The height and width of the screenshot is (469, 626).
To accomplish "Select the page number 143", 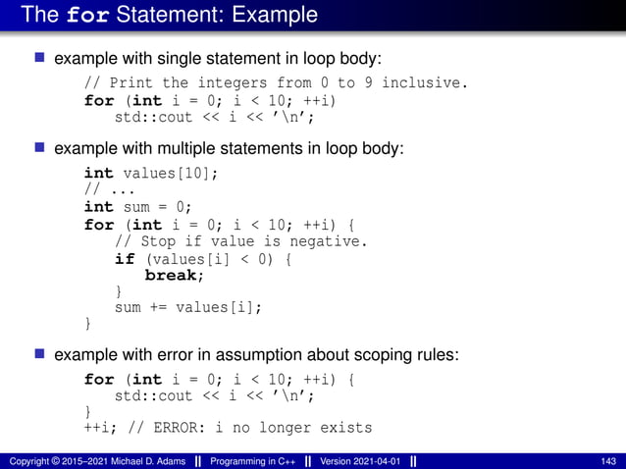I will [x=608, y=461].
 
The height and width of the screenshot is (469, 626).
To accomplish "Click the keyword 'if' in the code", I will [x=125, y=259].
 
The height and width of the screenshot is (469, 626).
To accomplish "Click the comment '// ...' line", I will [x=110, y=189].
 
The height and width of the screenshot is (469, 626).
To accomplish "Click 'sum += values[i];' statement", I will [x=189, y=308].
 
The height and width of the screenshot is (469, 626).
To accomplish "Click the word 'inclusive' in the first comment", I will [x=425, y=83].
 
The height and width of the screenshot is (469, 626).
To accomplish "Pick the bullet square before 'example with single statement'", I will [x=40, y=59].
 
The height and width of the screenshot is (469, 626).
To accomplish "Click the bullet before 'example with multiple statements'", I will [x=40, y=148].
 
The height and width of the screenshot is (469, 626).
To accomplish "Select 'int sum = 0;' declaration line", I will [x=138, y=207].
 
